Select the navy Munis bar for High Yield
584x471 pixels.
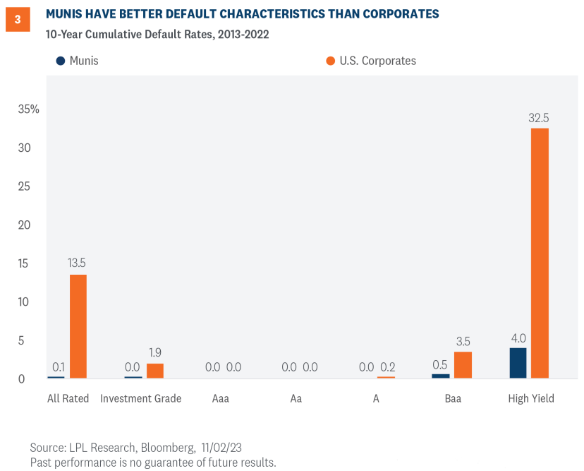[518, 363]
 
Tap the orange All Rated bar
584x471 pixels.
[78, 326]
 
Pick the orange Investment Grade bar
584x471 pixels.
[155, 371]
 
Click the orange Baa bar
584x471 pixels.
[463, 365]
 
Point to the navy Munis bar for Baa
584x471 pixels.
[441, 376]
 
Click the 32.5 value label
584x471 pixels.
[540, 118]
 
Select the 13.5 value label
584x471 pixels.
[77, 263]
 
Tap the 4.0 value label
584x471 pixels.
[518, 338]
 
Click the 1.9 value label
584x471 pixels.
[155, 352]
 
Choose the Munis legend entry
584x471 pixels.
[78, 61]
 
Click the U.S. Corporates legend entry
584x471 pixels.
[371, 61]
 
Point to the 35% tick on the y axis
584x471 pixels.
[29, 109]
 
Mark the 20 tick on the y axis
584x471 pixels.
[25, 225]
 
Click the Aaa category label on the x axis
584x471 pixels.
[220, 398]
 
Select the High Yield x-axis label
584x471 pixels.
[531, 398]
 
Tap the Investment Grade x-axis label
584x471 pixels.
[140, 398]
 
